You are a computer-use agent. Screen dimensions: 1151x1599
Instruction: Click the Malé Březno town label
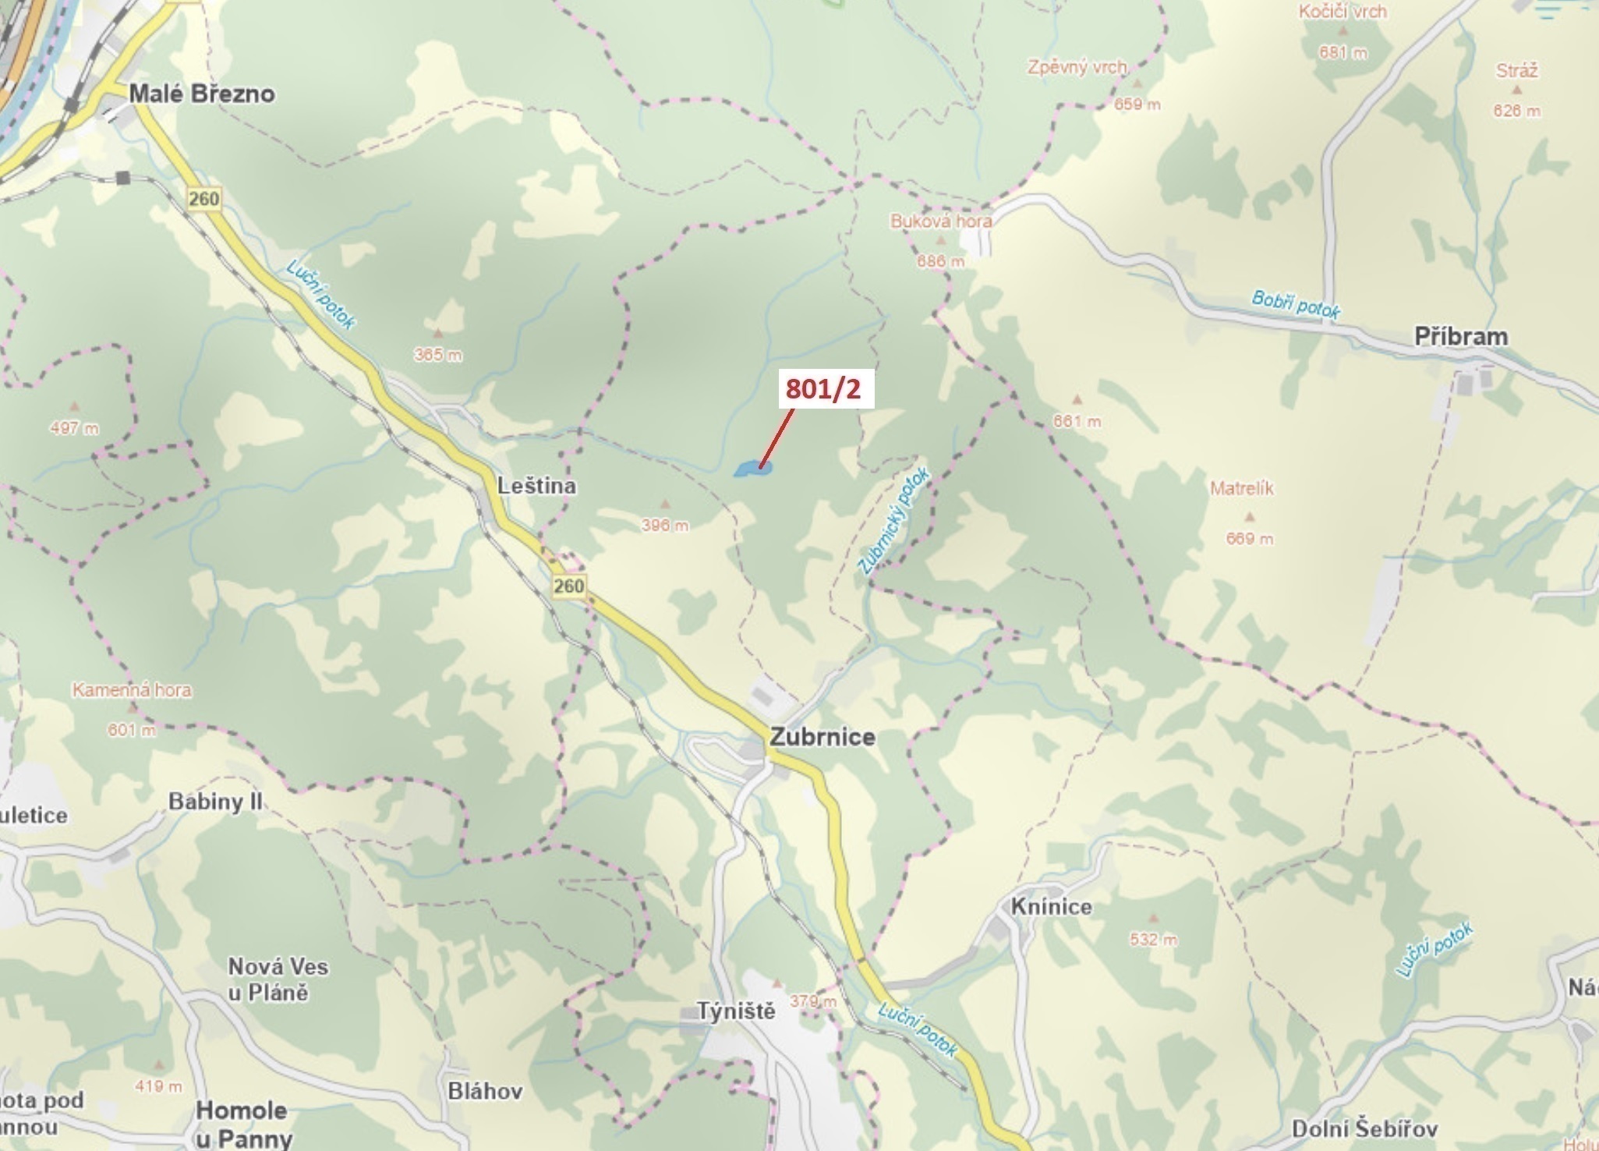[201, 94]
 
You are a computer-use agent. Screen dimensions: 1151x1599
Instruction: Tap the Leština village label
[536, 486]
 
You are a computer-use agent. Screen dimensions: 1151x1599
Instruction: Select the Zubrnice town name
[822, 737]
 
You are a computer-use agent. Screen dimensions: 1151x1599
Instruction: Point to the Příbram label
[1461, 337]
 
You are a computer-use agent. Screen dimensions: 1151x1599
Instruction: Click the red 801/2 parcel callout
[826, 388]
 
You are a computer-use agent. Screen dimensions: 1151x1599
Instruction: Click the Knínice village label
[1051, 907]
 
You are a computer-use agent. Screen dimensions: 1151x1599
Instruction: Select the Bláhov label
[485, 1091]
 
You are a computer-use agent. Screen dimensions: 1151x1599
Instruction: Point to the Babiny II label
[215, 802]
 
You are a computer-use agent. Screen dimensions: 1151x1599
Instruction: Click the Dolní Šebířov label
[1364, 1128]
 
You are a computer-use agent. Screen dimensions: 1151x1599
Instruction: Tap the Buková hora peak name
[941, 221]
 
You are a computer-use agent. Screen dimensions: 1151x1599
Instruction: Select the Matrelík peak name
[1241, 489]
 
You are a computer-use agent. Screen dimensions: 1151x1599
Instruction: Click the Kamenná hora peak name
[132, 690]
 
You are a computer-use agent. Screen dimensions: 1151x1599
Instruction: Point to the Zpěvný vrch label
[1077, 67]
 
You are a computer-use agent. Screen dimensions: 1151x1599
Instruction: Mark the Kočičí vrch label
[1343, 12]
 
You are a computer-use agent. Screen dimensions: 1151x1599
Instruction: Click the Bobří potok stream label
[1295, 304]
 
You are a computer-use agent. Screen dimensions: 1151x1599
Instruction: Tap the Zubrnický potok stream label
[893, 521]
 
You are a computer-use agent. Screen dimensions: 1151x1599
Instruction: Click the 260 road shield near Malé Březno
[203, 199]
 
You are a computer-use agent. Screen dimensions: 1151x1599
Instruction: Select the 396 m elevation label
[665, 526]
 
